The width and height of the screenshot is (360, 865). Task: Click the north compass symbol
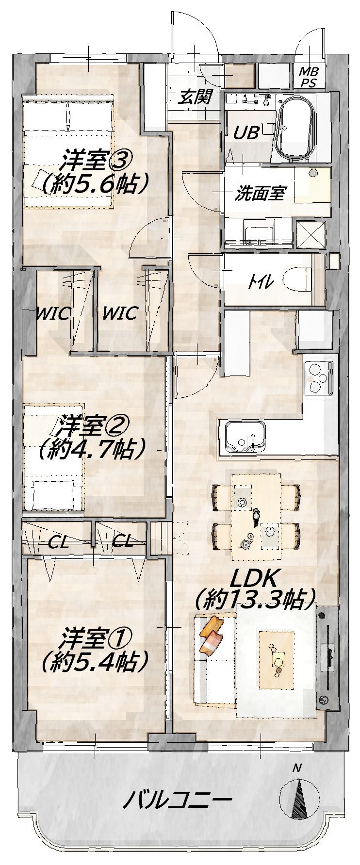[x=299, y=800]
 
